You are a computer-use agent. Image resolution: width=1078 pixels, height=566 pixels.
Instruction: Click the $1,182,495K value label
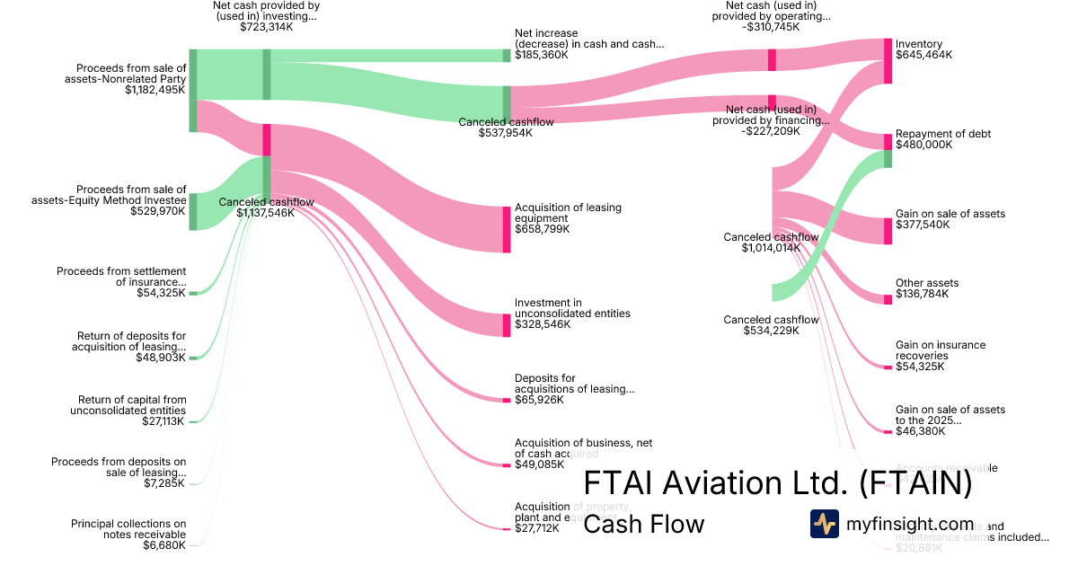[155, 90]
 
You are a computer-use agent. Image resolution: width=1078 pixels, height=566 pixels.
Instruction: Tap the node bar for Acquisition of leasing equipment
[507, 229]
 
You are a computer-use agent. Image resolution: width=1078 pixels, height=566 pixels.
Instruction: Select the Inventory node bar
[888, 61]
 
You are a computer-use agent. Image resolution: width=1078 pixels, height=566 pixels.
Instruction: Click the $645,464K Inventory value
[923, 55]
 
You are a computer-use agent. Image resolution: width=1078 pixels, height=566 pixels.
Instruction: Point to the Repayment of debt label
[943, 134]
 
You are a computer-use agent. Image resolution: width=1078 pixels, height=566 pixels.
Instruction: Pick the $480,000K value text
[923, 145]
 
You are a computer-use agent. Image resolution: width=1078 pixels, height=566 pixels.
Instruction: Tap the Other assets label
[928, 283]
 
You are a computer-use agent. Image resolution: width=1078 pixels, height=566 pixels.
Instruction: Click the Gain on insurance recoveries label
[941, 350]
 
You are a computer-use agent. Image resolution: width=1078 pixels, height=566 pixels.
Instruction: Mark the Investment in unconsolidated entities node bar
[507, 325]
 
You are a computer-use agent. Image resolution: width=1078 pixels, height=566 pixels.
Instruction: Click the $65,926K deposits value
[539, 400]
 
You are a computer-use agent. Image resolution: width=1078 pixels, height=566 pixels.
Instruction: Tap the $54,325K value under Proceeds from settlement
[161, 293]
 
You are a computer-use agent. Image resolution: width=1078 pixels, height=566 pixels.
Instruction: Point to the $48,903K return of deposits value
[161, 358]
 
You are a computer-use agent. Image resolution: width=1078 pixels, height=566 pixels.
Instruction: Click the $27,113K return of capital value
[163, 421]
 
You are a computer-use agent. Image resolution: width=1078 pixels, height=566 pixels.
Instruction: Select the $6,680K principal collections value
[166, 545]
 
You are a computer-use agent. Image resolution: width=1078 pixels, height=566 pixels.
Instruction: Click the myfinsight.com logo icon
[825, 524]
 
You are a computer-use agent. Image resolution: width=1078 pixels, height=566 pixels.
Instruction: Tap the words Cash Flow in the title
[644, 524]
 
